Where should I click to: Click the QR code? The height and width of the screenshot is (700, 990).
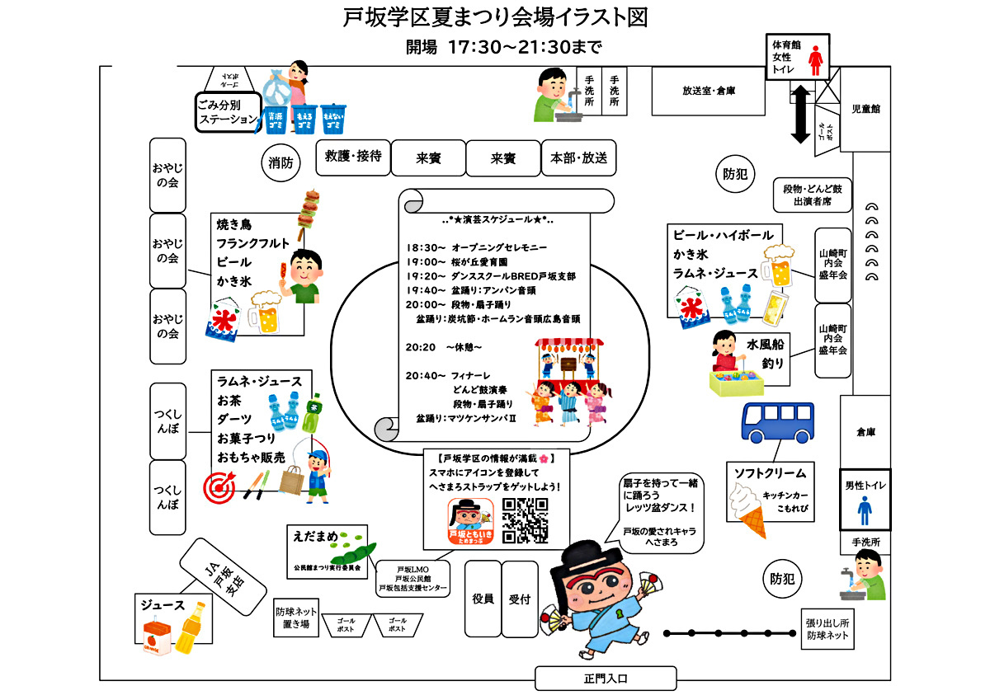[x=525, y=521]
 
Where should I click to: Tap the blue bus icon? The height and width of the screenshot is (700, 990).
[x=777, y=421]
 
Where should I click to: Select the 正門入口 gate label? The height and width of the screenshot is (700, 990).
[x=606, y=679]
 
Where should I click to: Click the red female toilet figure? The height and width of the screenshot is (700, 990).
[x=816, y=60]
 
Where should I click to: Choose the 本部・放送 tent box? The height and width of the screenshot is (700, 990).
[x=578, y=157]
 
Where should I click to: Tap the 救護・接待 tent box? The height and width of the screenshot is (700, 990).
[x=353, y=157]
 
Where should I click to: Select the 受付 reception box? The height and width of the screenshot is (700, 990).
[x=519, y=599]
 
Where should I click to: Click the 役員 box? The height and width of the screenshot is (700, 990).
[x=483, y=599]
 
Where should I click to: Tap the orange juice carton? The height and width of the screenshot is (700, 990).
[x=156, y=642]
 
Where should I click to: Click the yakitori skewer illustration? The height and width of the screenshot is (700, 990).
[x=311, y=209]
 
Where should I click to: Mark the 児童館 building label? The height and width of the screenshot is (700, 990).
[x=865, y=109]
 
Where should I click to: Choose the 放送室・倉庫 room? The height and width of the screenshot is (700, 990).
[x=708, y=91]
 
